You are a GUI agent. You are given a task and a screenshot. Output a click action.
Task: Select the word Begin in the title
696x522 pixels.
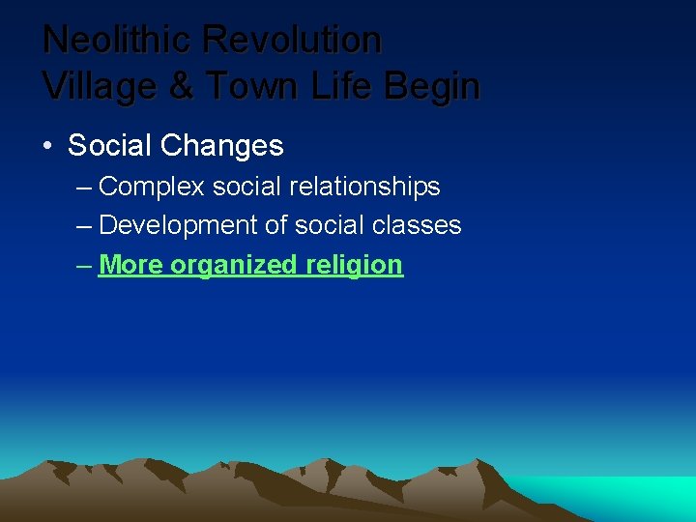431,87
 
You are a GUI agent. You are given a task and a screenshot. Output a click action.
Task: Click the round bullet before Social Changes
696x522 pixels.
47,146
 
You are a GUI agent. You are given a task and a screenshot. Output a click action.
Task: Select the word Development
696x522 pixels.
178,226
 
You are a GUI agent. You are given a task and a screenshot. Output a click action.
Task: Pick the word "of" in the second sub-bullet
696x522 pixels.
275,226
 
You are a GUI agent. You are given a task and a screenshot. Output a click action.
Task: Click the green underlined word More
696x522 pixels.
130,265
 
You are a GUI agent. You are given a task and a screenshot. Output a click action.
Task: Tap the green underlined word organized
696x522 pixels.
234,265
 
